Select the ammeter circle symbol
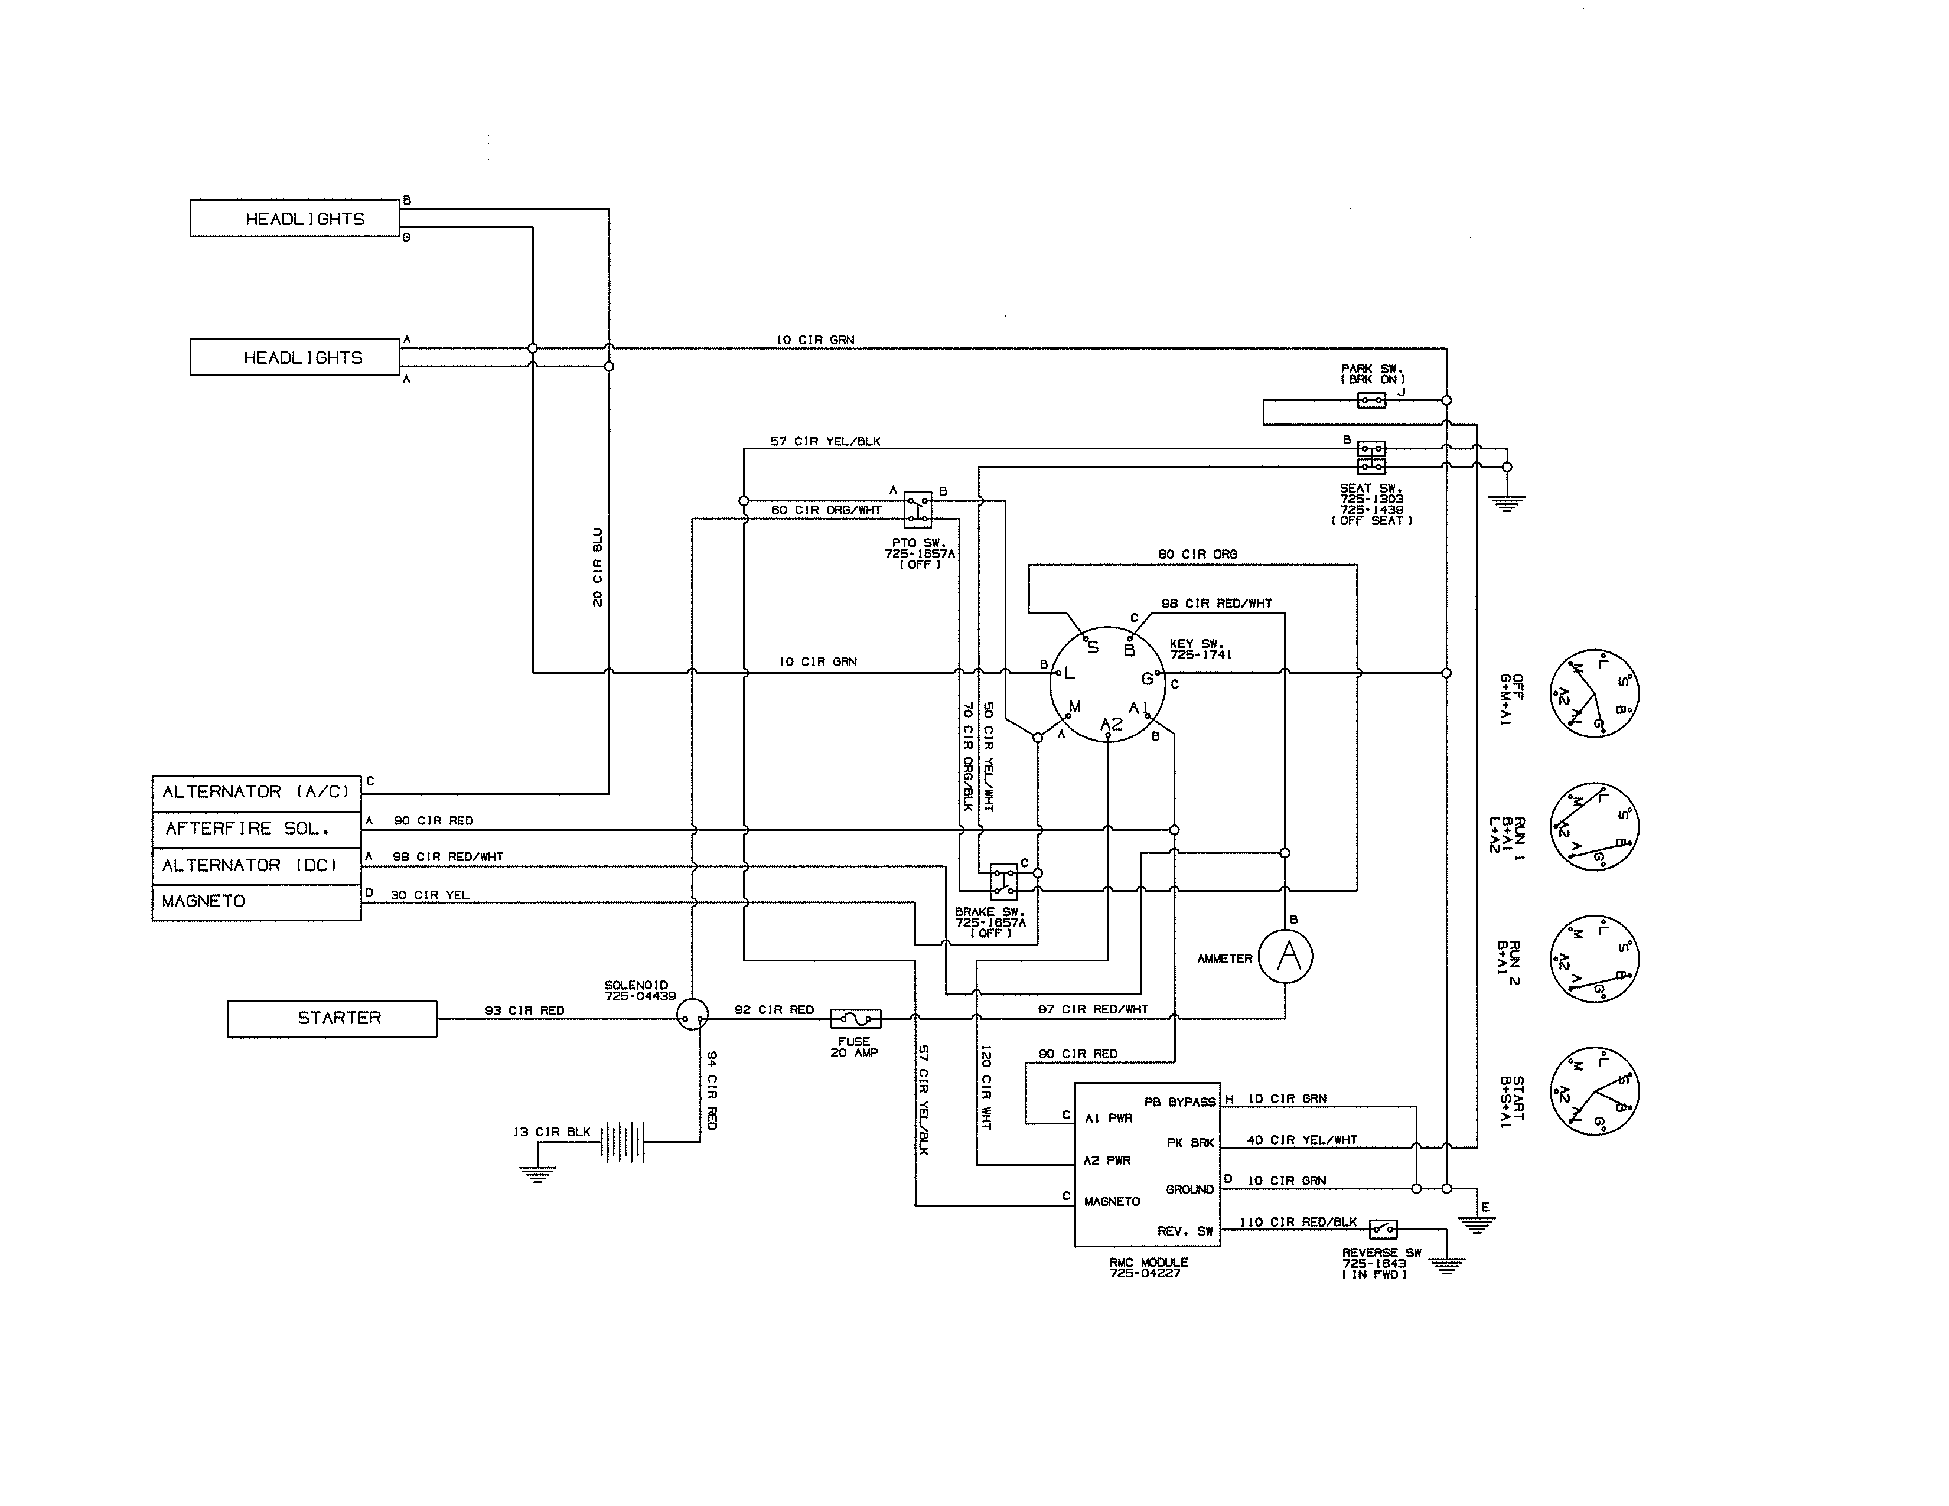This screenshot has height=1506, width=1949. click(1285, 957)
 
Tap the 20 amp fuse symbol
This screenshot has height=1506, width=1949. click(855, 1018)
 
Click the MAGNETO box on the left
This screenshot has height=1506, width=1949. click(256, 902)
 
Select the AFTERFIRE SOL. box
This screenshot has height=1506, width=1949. click(256, 829)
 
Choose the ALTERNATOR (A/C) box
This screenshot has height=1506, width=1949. click(256, 792)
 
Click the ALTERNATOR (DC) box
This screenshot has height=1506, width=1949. click(256, 865)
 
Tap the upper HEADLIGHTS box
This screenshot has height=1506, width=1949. click(295, 219)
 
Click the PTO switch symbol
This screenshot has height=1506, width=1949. click(917, 510)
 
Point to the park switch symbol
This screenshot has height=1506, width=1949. click(1371, 400)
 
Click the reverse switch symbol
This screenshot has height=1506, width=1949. click(1383, 1230)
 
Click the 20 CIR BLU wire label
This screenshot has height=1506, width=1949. click(598, 568)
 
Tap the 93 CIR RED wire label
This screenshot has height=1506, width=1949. click(524, 1010)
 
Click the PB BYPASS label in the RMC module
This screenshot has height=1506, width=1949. click(1180, 1102)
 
